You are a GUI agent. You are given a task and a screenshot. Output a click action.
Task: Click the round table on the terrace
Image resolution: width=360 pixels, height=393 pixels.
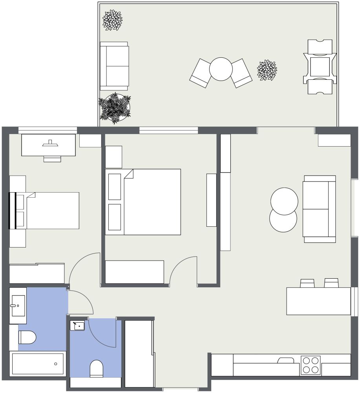coord(221,69)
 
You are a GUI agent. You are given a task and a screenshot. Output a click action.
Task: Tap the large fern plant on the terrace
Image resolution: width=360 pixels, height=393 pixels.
coord(114,108)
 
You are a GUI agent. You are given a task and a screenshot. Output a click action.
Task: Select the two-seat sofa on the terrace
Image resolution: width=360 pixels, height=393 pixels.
coord(114,66)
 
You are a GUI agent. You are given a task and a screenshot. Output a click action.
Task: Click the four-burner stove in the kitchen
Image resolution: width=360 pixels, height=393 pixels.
coord(311,365)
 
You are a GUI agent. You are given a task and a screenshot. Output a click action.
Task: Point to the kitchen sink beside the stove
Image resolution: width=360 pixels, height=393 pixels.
coord(285,360)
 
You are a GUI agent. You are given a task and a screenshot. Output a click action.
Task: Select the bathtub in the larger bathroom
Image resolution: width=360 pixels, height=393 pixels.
coord(38,364)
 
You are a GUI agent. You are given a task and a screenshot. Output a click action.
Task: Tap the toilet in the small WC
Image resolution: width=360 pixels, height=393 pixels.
coord(96,368)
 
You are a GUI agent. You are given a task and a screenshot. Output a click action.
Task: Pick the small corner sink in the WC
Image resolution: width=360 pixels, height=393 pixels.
coord(77,325)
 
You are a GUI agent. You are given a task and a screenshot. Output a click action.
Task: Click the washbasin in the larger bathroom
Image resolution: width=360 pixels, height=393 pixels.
coord(18,305)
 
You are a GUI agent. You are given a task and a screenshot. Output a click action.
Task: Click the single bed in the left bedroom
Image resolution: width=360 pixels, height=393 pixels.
coord(51,210)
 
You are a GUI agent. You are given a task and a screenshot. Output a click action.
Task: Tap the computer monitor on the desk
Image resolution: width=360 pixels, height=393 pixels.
coord(50,144)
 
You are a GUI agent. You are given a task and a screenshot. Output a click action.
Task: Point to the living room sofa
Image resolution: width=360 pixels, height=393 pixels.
coord(319,209)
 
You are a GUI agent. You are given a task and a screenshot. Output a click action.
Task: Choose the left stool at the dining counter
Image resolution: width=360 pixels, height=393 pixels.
coord(307,283)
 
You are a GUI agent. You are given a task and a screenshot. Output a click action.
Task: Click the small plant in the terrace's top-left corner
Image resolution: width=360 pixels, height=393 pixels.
coord(112,20)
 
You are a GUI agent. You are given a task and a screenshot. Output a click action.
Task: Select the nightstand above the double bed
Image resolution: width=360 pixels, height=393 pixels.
coord(113,157)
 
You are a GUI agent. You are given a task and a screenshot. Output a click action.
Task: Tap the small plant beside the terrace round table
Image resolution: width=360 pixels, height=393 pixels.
coord(267,70)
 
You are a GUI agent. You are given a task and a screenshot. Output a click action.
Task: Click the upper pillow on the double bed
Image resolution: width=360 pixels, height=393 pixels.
coord(115,186)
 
